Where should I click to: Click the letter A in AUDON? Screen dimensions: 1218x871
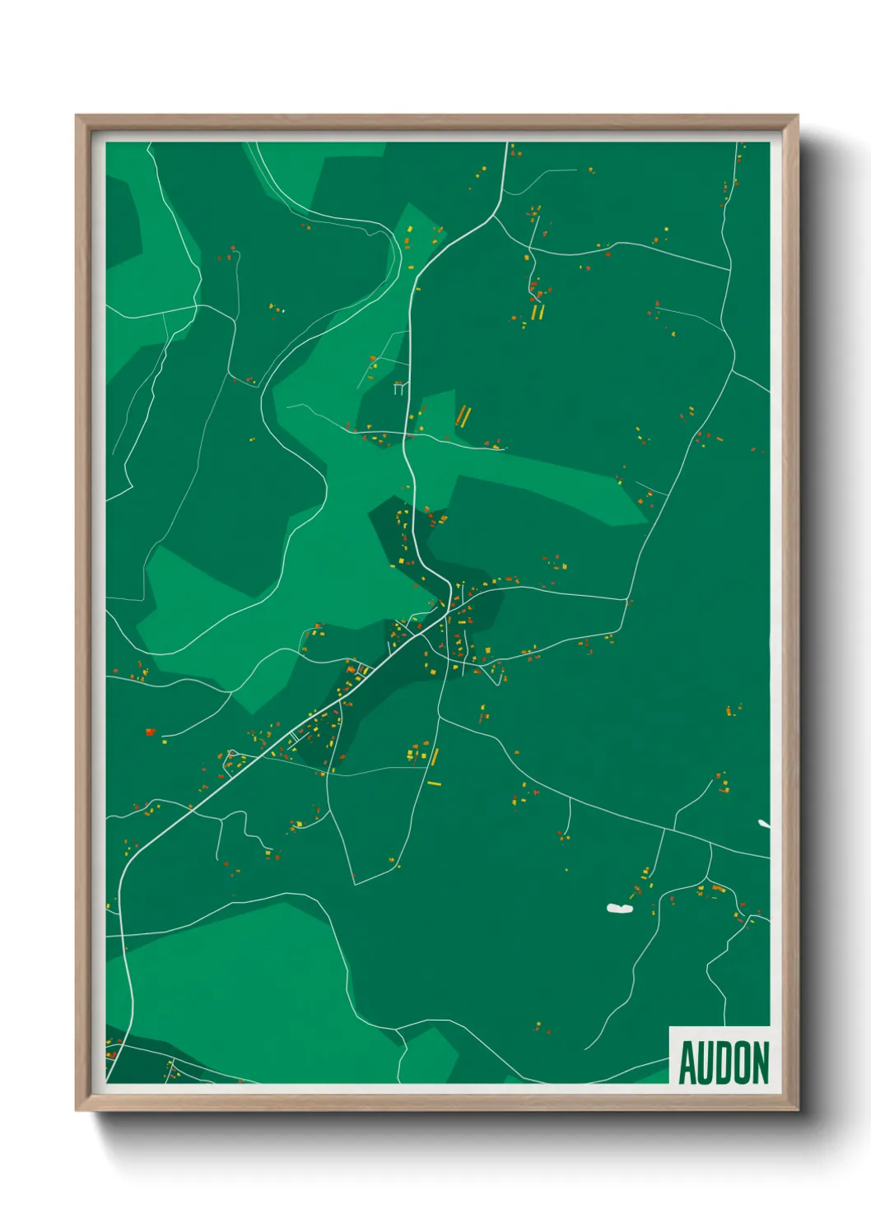pos(687,1063)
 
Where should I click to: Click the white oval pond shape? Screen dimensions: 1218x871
pos(619,909)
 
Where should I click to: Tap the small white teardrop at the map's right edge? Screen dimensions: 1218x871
pos(765,823)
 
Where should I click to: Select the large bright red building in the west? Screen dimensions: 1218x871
pos(150,731)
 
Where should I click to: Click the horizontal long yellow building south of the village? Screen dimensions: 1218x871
pos(434,783)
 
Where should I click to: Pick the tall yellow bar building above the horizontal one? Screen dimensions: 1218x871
pos(435,756)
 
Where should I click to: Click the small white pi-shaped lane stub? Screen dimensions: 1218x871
pos(399,387)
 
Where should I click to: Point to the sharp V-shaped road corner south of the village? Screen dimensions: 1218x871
pos(355,884)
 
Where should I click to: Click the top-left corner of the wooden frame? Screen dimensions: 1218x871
pos(77,117)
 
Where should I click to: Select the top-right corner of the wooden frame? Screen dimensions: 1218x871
pos(797,117)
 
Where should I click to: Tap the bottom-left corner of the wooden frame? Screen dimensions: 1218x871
pos(77,1110)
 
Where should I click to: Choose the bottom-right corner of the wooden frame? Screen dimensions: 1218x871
pos(797,1110)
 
